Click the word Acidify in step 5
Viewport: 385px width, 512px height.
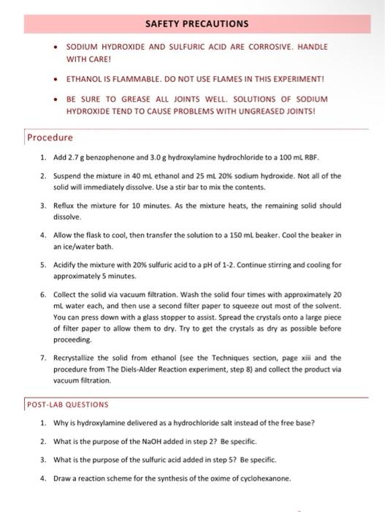66,274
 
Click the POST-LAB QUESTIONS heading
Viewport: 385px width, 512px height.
67,404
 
